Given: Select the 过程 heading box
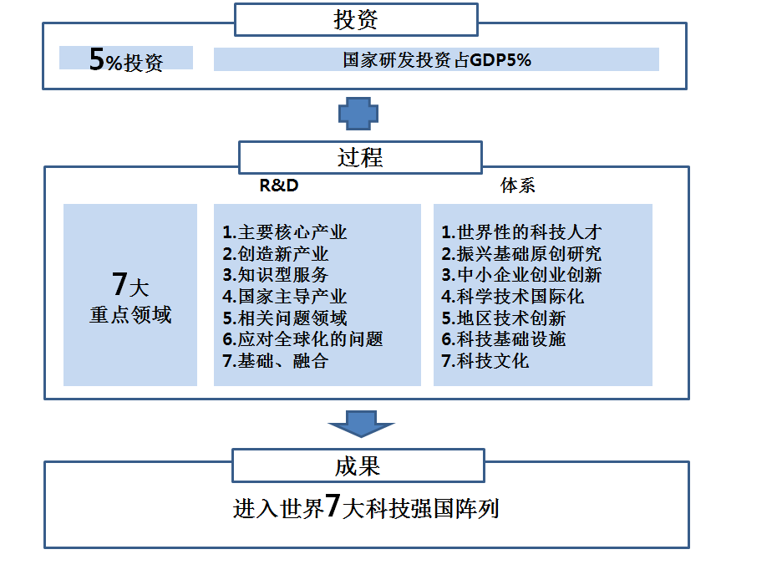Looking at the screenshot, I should (360, 156).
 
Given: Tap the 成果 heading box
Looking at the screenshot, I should (358, 466).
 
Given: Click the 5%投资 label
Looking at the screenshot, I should (125, 59).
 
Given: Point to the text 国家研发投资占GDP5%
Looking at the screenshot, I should (437, 59).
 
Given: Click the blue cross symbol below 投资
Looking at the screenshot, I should (358, 113).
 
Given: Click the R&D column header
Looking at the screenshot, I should (279, 186).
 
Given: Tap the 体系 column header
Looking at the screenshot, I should (518, 186).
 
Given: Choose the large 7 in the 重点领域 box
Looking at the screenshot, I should (119, 285).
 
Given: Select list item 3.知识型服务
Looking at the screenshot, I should (275, 275).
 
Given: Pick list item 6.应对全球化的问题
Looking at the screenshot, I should (302, 339).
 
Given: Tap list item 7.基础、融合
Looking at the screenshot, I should (275, 361).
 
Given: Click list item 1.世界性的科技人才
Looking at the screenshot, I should (521, 232).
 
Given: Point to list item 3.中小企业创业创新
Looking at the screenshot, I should (521, 275).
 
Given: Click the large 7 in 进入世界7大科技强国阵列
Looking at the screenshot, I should (333, 506).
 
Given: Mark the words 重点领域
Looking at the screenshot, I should (130, 316).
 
